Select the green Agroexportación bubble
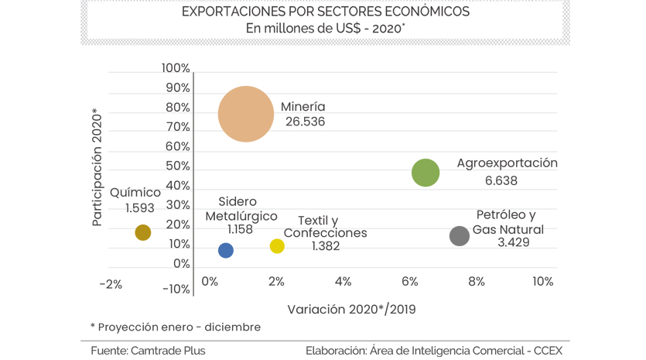426,173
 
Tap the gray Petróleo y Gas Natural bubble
460,236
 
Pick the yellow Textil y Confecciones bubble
277,246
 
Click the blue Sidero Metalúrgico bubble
226,250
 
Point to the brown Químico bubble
142,232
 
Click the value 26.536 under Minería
305,122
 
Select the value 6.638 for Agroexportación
501,180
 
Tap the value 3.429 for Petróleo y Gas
514,242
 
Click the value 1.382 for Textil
325,246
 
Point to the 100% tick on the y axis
176,68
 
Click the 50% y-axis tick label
178,166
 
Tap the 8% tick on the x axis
476,282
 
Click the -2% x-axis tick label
111,284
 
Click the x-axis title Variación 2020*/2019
351,310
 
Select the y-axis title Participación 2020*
97,167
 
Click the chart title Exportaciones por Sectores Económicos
325,12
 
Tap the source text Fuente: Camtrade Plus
148,351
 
